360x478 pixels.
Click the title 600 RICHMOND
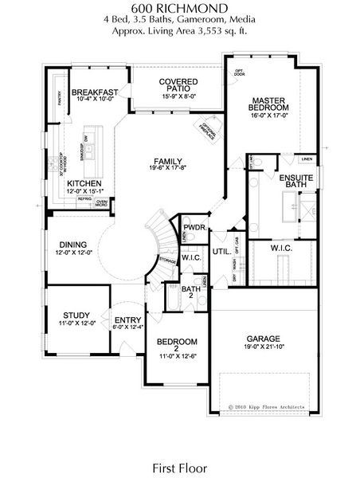tap(179, 8)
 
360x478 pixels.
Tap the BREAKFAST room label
tap(95, 92)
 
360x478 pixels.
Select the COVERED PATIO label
tap(178, 87)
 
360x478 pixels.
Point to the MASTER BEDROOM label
tap(269, 101)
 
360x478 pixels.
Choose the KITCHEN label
tap(83, 182)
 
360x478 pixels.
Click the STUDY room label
tap(74, 314)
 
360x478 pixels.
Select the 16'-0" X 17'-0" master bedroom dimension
tap(269, 115)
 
